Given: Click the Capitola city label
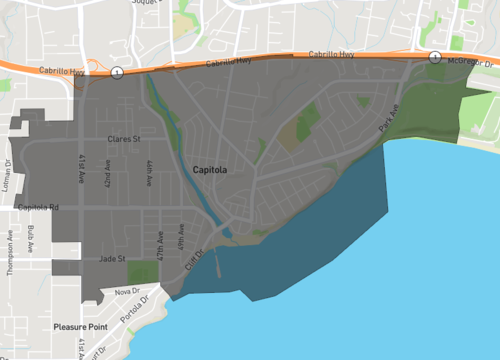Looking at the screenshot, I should [210, 171].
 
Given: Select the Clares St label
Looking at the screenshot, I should [124, 139].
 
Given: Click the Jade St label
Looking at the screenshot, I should [111, 259].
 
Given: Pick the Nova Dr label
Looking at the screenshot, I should [125, 291].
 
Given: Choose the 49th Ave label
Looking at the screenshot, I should [181, 238].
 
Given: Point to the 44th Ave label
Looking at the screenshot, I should [148, 172].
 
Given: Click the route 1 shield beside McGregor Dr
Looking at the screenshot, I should [435, 57].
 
